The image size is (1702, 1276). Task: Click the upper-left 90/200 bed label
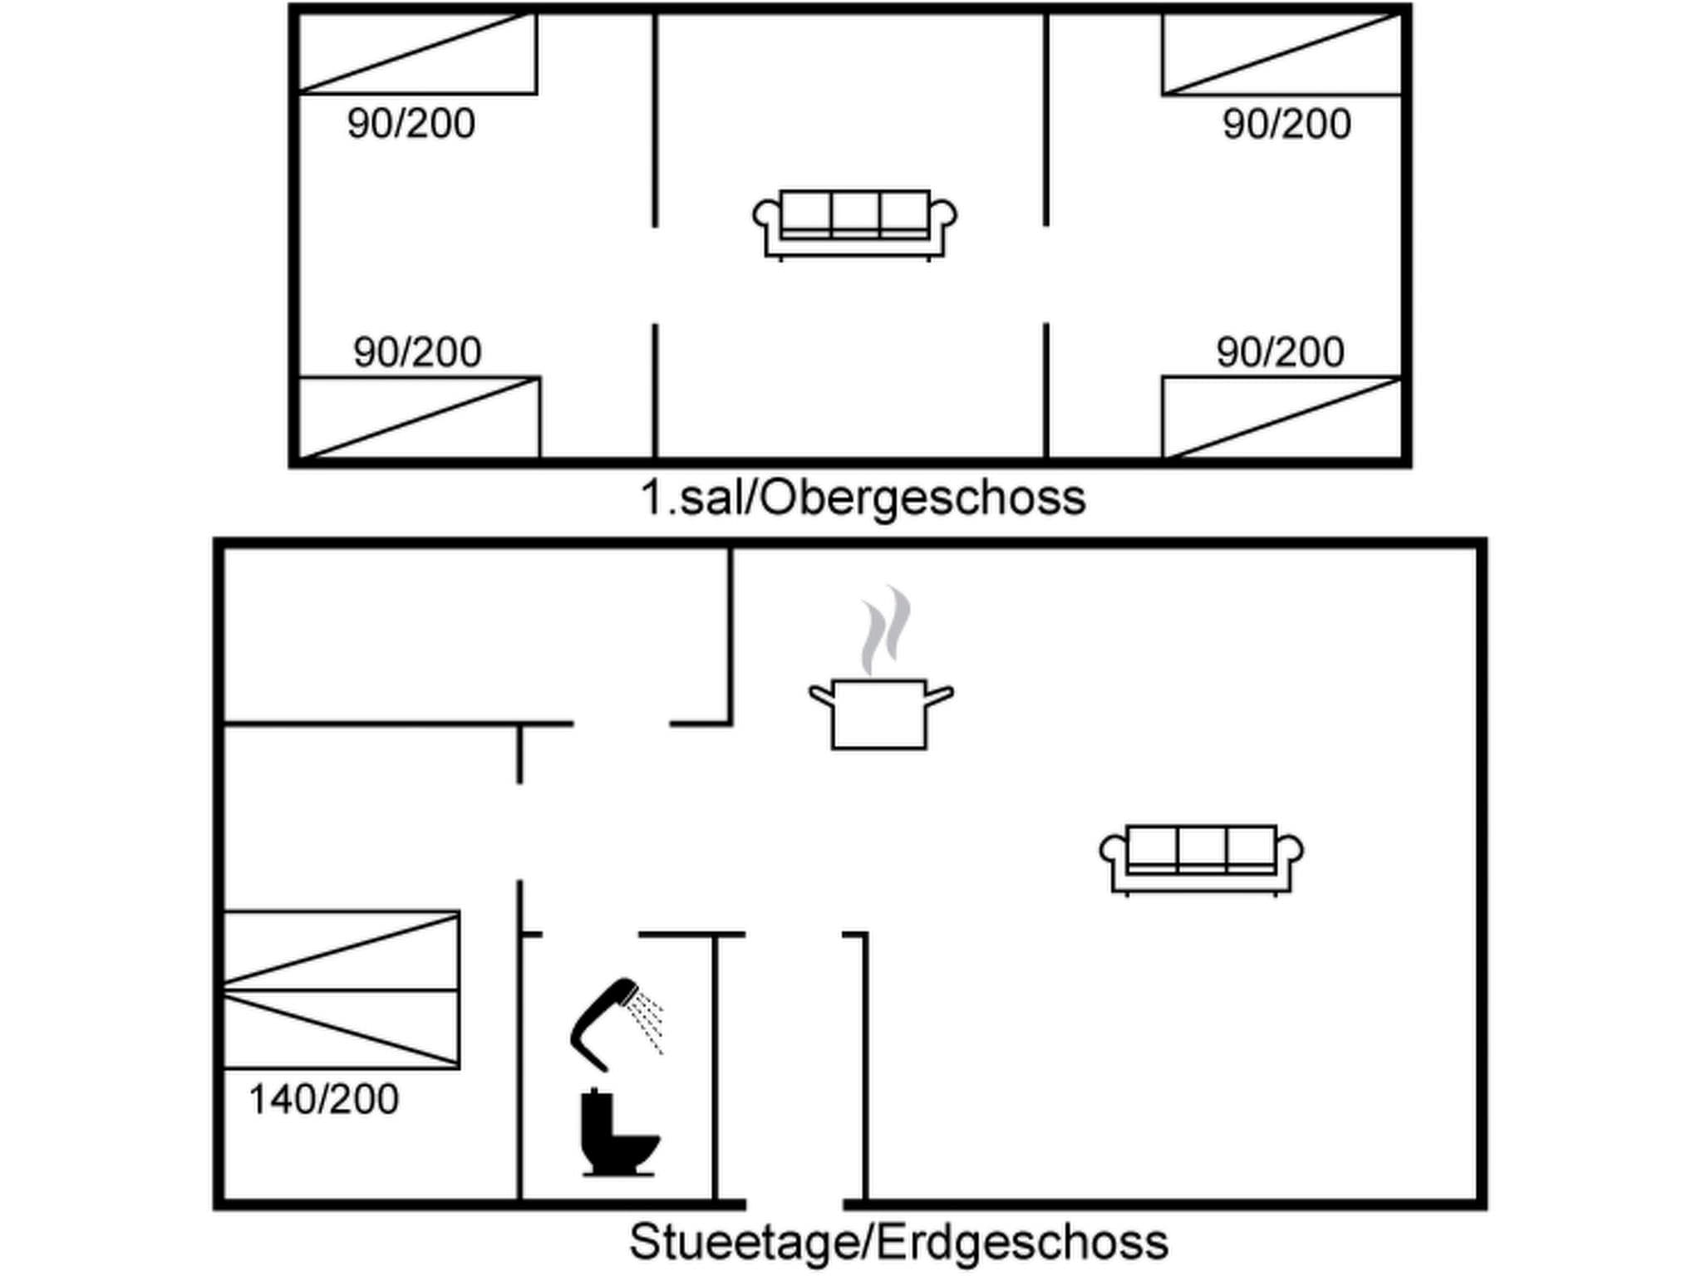point(411,124)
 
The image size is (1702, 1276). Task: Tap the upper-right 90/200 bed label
point(1286,124)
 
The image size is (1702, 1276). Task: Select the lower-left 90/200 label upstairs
point(417,351)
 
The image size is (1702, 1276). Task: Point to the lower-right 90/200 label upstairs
point(1280,351)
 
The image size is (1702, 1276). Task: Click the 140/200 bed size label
point(323,1099)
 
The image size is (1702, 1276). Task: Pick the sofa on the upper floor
point(854,225)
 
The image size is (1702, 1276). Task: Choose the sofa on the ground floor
point(1201,861)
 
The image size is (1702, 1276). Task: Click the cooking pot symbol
point(880,714)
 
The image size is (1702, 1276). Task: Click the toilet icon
point(619,1132)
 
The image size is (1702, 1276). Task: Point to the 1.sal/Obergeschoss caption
point(863,498)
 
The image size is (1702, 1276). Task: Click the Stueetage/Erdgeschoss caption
point(898,1242)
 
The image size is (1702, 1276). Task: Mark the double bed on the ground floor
point(342,989)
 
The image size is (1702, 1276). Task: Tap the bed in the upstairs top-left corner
point(417,53)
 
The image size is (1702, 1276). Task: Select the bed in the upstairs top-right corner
point(1282,53)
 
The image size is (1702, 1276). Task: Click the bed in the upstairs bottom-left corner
point(419,417)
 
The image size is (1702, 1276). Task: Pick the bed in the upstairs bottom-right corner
point(1282,417)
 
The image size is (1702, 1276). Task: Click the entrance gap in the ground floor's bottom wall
point(794,1204)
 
